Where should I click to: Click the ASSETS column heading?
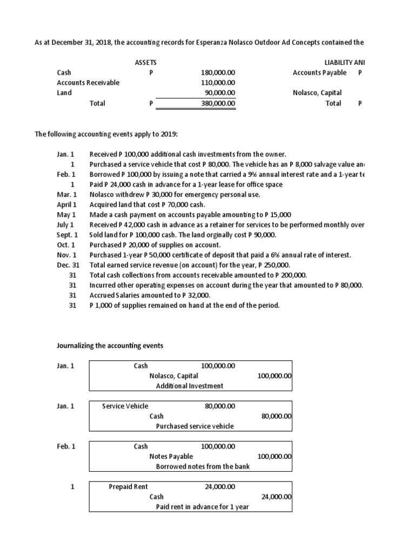click(x=145, y=63)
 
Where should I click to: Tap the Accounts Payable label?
click(x=319, y=72)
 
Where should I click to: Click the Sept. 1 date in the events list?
click(x=68, y=235)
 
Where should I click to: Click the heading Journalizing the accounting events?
click(x=110, y=345)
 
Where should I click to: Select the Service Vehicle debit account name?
click(x=125, y=406)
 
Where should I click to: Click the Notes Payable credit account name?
click(x=171, y=456)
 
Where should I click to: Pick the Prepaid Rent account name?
click(x=128, y=486)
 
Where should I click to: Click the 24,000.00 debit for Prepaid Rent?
click(x=220, y=486)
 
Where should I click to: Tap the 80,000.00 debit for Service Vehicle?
click(x=220, y=406)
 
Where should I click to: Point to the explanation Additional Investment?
click(x=189, y=386)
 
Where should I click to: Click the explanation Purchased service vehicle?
click(x=195, y=426)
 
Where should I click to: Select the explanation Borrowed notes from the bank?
click(x=203, y=466)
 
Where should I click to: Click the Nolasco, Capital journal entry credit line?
click(x=173, y=375)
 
